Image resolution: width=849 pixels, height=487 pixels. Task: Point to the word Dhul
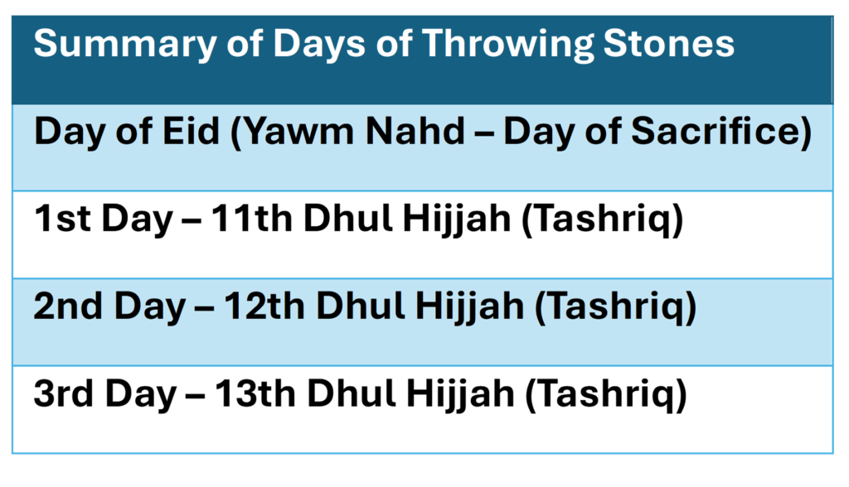[x=351, y=306]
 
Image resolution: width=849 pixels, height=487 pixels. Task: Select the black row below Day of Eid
[x=423, y=234]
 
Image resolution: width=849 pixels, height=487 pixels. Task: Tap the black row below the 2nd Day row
[x=423, y=410]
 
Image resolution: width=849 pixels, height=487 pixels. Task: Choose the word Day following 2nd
[x=149, y=307]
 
